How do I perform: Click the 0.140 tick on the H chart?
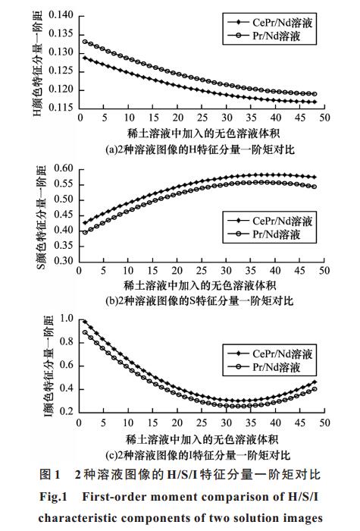point(61,15)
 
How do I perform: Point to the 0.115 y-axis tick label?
point(61,108)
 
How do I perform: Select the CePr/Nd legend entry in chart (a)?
point(270,22)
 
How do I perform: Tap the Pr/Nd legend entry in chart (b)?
point(264,234)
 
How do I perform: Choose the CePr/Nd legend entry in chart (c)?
point(270,353)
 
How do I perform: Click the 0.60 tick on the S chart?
point(64,168)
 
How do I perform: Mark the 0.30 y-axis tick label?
point(64,261)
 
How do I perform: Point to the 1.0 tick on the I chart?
point(67,319)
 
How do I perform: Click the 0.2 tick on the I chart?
point(67,411)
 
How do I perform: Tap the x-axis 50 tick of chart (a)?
point(324,118)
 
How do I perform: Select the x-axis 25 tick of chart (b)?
point(202,270)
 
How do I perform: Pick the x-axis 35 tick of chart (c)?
point(251,423)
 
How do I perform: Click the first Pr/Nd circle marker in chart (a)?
point(85,42)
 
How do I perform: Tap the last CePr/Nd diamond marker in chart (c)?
point(315,382)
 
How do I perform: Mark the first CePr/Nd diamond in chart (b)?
point(85,223)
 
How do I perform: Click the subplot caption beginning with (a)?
point(199,149)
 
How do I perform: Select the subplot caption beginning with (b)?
point(199,300)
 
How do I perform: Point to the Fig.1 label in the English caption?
point(54,497)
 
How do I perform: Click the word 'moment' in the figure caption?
point(173,497)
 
